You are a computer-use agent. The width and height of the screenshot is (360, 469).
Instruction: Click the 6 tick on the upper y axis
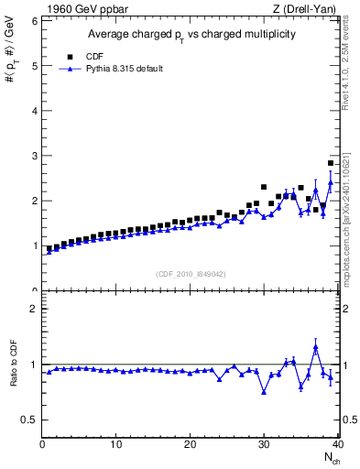(x=33, y=20)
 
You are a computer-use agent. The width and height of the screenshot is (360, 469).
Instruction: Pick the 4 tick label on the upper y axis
(x=33, y=111)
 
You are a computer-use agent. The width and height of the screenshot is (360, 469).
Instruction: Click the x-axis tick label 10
(x=116, y=445)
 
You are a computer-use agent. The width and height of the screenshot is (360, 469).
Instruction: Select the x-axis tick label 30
(x=264, y=445)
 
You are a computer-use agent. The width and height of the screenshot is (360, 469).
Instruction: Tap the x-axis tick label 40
(x=337, y=445)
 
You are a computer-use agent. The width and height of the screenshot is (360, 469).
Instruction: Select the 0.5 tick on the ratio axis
(x=29, y=420)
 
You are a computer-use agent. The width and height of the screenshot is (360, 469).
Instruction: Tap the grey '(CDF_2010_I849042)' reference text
(x=190, y=273)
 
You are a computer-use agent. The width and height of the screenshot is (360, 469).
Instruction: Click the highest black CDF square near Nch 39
(x=331, y=163)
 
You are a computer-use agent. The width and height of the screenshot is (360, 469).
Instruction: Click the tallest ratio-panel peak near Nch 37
(x=316, y=347)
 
